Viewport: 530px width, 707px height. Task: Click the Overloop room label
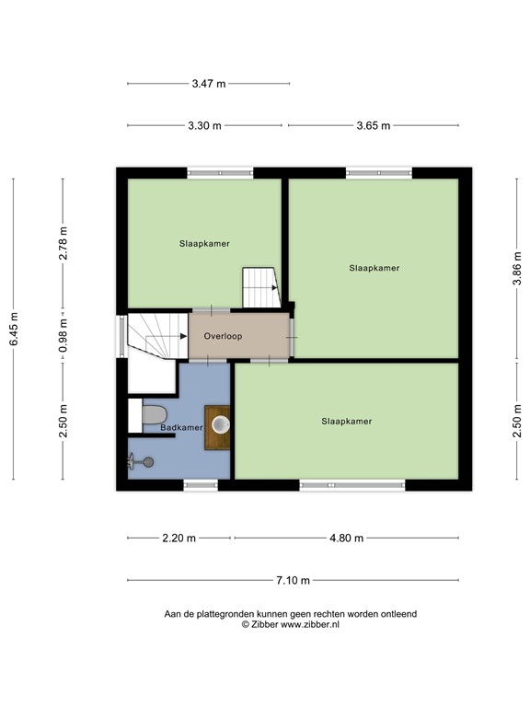tap(223, 337)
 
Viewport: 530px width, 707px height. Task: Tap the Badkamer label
tap(181, 428)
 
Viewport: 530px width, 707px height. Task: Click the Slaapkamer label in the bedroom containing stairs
tap(204, 244)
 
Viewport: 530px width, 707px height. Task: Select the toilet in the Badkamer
tap(153, 415)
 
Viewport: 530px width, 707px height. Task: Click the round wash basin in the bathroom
tap(220, 424)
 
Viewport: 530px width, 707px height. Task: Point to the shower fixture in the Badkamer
tap(143, 462)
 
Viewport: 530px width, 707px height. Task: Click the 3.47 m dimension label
tap(208, 84)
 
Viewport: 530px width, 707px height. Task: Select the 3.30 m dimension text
tap(204, 126)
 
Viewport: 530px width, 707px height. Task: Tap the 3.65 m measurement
tap(373, 126)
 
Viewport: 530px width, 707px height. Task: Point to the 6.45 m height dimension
tap(14, 329)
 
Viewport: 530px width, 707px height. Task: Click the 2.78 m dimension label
tap(63, 243)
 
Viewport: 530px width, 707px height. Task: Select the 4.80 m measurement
tap(346, 539)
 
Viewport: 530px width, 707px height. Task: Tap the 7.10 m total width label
tap(293, 580)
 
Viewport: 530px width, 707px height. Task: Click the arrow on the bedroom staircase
tap(273, 287)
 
